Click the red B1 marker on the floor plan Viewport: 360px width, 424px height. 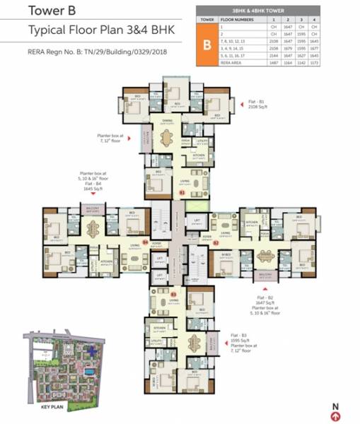(181, 192)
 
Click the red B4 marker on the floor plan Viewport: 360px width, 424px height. (146, 242)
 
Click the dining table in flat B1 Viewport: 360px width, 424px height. (168, 139)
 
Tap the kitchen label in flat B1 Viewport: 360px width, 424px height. (200, 155)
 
